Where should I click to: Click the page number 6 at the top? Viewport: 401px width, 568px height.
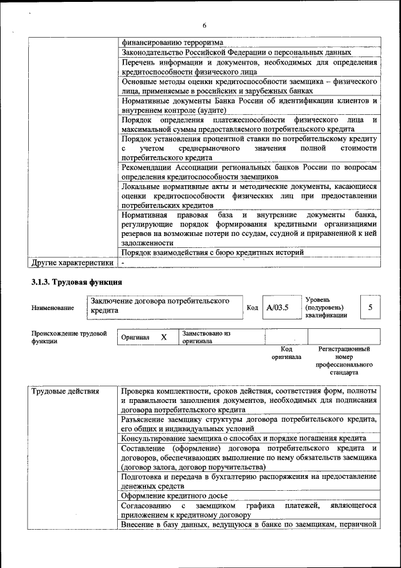204,25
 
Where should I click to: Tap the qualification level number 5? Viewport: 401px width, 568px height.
370,308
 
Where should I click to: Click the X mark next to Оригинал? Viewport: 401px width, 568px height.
164,337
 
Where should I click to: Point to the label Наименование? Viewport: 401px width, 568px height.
52,308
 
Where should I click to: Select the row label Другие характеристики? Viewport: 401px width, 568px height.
73,262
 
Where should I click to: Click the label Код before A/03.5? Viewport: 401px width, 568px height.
253,308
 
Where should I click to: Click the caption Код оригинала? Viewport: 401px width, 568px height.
286,353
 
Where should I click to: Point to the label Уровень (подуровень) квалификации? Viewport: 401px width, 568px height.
326,308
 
